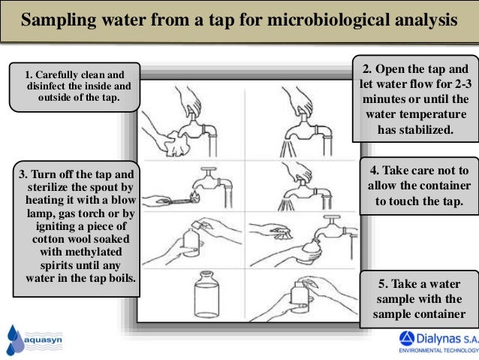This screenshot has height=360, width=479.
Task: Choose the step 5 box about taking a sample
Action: (419, 298)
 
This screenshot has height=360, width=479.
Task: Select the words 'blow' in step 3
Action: (119, 201)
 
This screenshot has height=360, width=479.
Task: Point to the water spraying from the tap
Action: (287, 202)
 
